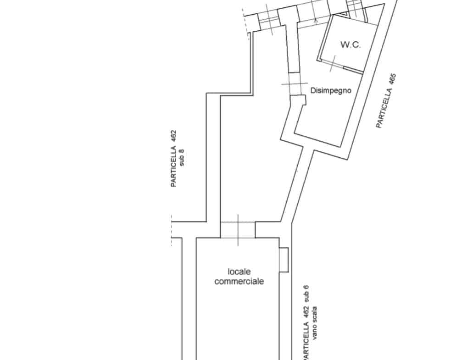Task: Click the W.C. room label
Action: point(351,44)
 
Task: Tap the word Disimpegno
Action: point(331,90)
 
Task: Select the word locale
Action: point(239,271)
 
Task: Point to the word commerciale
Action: point(239,281)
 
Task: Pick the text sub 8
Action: point(182,158)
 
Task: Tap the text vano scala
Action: point(315,323)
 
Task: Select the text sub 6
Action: point(306,294)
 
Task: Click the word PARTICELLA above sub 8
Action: point(173,166)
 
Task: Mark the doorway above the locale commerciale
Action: point(238,230)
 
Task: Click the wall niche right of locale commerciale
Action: point(284,260)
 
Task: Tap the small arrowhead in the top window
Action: point(316,21)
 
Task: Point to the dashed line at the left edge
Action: point(172,231)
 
